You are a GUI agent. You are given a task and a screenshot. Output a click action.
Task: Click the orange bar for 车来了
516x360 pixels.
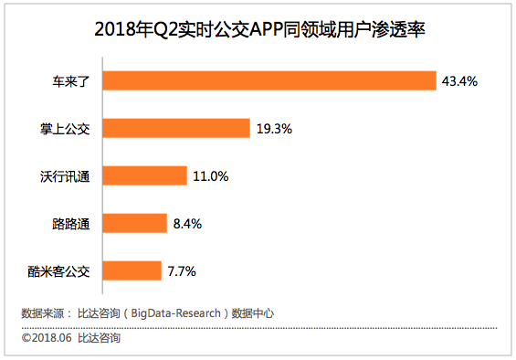[269, 80]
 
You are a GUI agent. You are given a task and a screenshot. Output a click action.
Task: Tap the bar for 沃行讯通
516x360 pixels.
[145, 175]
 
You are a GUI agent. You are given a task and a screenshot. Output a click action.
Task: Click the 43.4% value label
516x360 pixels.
[459, 81]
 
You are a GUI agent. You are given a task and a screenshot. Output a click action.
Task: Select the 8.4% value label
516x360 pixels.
[187, 224]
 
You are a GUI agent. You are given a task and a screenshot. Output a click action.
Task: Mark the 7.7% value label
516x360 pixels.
[182, 271]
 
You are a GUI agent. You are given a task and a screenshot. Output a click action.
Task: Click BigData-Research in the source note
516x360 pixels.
[176, 313]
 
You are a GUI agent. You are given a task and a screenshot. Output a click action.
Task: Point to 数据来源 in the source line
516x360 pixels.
[42, 313]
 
